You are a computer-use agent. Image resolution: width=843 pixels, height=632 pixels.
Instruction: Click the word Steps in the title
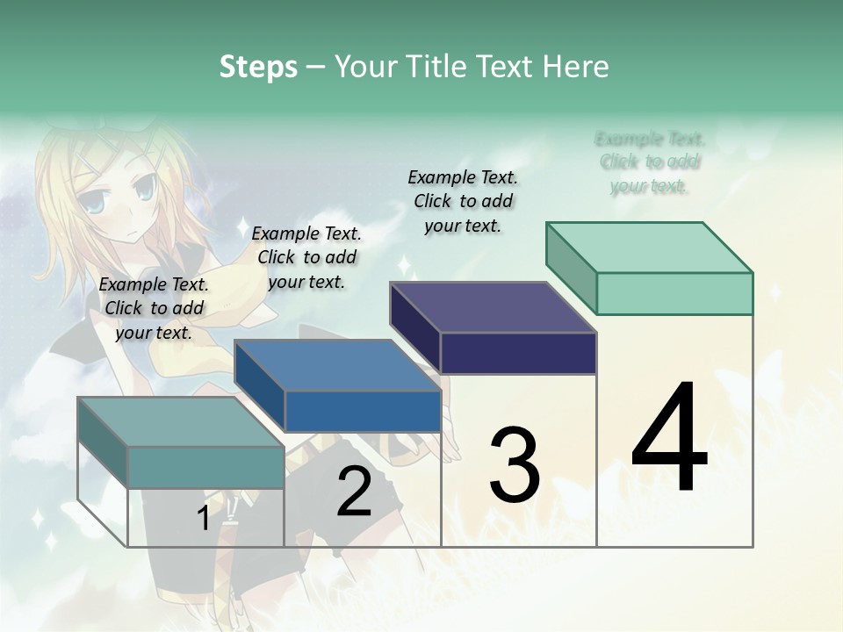tap(258, 67)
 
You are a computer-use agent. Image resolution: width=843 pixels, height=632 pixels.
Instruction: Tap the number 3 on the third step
tap(515, 465)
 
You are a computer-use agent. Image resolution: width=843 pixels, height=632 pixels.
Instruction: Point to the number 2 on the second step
tap(354, 492)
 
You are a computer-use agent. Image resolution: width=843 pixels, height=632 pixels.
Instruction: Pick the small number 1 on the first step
tap(203, 518)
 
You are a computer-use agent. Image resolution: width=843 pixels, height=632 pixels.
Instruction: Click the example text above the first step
tap(154, 308)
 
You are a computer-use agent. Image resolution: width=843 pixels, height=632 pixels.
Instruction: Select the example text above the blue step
tap(306, 257)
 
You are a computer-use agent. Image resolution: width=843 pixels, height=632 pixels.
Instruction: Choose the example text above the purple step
tap(463, 201)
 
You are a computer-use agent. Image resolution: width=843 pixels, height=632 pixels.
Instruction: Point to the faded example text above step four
tap(650, 162)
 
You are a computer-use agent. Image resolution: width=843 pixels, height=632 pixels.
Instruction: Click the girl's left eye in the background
tap(145, 186)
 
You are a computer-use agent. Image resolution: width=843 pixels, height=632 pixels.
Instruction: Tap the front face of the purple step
tap(518, 353)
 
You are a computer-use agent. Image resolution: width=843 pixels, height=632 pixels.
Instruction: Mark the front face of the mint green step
tap(674, 293)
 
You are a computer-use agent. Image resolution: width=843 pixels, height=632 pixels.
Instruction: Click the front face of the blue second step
tap(363, 411)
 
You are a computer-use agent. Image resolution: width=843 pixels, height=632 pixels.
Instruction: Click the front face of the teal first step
tap(205, 467)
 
